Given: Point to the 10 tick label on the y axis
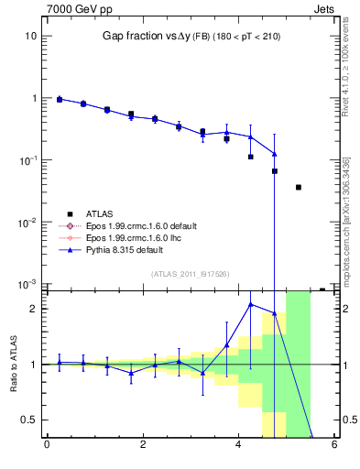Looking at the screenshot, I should tap(31, 36).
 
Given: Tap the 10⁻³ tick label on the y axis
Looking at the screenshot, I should tap(28, 284).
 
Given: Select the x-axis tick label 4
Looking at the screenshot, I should tap(239, 446).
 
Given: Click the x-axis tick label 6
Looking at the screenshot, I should tap(335, 446).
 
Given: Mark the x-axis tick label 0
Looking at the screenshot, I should tap(47, 446).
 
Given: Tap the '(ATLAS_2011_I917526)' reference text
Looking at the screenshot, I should tap(191, 274).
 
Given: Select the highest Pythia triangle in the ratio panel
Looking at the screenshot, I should tap(251, 304).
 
